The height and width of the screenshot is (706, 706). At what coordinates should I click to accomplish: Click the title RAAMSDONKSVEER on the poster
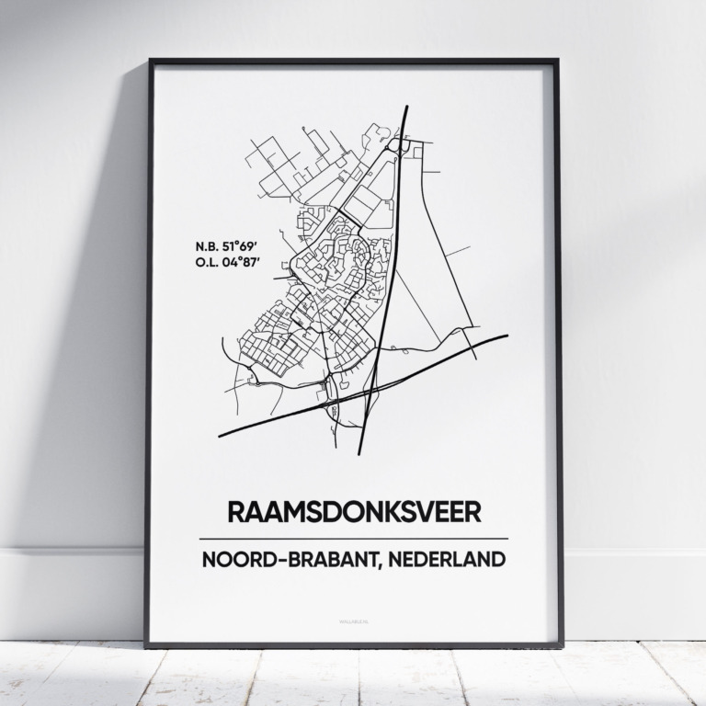(x=353, y=511)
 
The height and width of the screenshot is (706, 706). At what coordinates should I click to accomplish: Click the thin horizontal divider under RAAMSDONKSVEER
(x=353, y=538)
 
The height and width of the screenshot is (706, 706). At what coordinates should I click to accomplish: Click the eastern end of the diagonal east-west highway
(x=507, y=336)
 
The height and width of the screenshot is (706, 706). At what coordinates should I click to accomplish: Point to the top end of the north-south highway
(x=406, y=108)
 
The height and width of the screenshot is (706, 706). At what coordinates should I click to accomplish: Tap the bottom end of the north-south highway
(x=359, y=453)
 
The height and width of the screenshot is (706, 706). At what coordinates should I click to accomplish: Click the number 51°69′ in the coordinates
(x=242, y=246)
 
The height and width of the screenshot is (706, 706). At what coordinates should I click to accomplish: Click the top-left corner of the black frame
(x=150, y=62)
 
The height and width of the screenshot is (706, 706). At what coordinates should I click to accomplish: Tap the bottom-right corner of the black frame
(x=561, y=645)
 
